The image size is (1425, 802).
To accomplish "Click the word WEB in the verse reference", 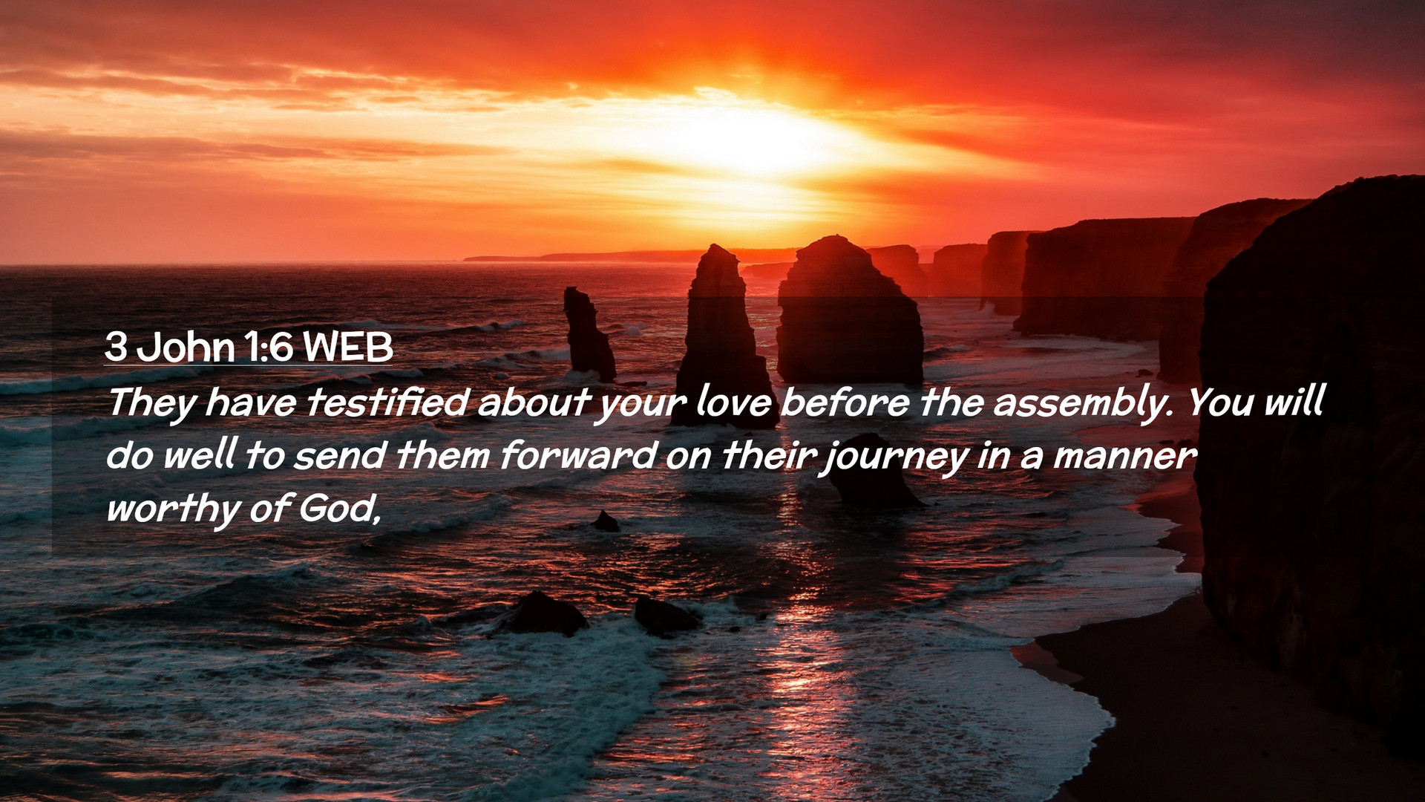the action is pyautogui.click(x=348, y=347).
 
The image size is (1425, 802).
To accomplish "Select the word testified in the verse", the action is pyautogui.click(x=387, y=402).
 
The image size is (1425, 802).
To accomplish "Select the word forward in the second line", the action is pyautogui.click(x=577, y=455).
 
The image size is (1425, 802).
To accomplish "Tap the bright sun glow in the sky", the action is pyautogui.click(x=750, y=141).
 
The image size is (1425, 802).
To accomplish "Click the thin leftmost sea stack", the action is pyautogui.click(x=589, y=335).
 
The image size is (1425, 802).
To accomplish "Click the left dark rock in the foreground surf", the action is pyautogui.click(x=546, y=613).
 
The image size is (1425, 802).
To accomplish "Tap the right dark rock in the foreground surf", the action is pyautogui.click(x=666, y=616).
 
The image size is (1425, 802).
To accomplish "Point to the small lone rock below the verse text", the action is pyautogui.click(x=606, y=521).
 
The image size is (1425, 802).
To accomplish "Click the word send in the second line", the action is pyautogui.click(x=339, y=455).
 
